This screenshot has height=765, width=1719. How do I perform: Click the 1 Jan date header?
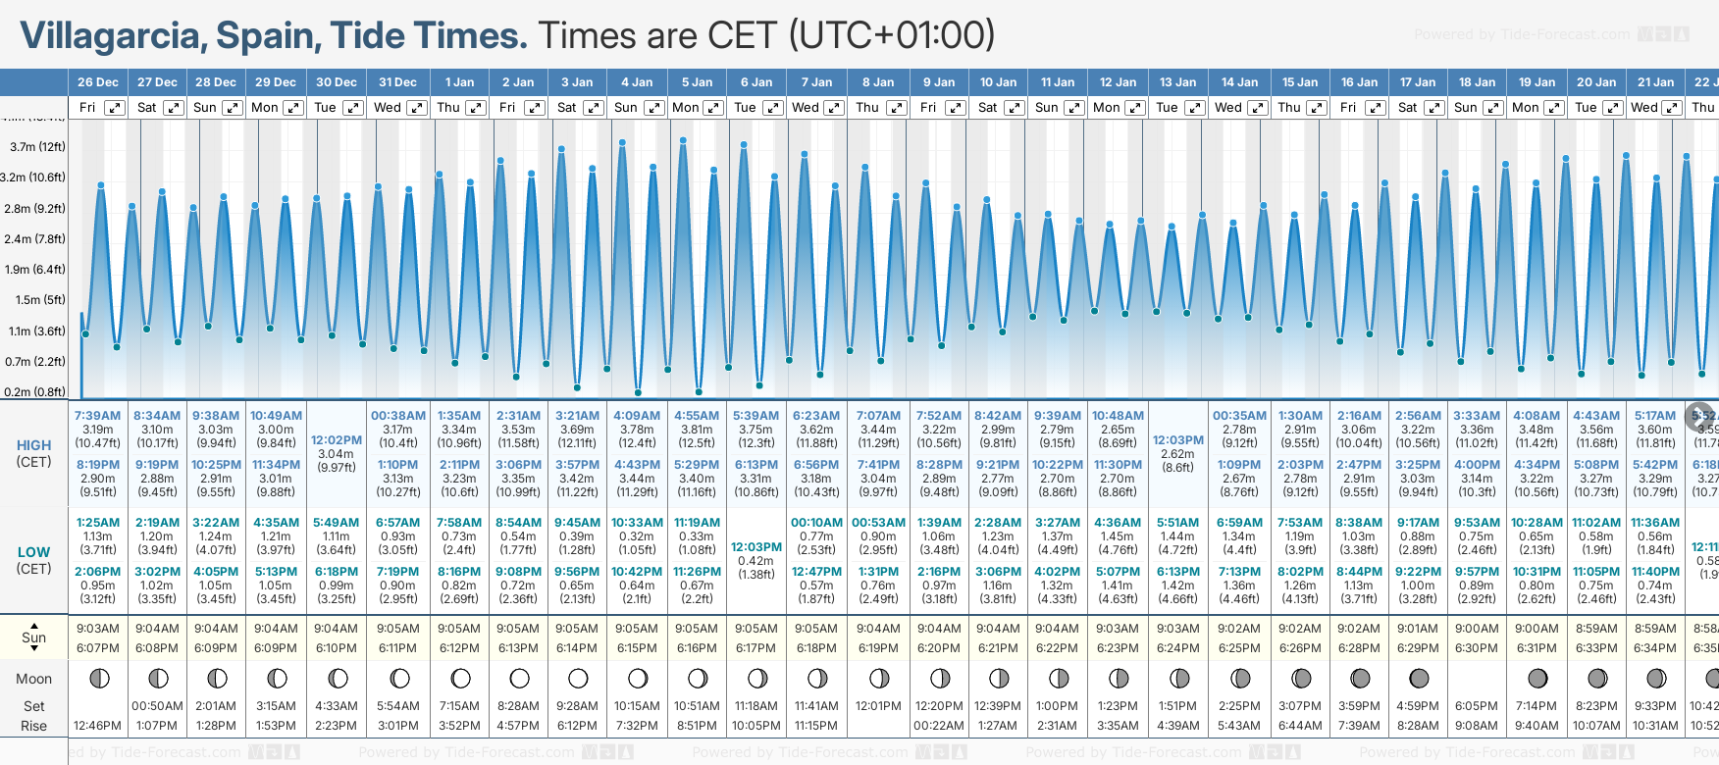tap(459, 82)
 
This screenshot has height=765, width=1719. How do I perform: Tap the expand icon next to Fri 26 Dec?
tap(115, 108)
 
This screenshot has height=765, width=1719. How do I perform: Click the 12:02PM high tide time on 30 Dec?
tap(337, 440)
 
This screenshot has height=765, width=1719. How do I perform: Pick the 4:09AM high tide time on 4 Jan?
tap(637, 416)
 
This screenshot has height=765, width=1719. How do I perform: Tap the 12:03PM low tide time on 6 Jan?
tap(756, 547)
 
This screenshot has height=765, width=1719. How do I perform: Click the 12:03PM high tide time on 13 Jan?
tap(1177, 440)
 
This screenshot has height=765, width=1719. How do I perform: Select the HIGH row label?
tap(34, 445)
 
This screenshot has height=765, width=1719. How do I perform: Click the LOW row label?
tap(34, 552)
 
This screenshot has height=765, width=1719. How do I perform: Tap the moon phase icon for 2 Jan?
tap(519, 678)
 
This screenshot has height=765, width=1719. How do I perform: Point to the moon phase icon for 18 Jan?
tap(1477, 678)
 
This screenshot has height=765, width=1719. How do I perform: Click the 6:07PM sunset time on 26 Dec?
tap(97, 648)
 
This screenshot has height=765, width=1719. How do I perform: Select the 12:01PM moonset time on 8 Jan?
tap(878, 706)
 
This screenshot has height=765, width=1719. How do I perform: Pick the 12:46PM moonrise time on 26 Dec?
tap(97, 726)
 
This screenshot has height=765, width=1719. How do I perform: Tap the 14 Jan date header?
tap(1240, 82)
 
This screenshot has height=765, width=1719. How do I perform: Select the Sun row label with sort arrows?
tap(34, 637)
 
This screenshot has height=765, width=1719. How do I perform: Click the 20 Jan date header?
tap(1596, 82)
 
